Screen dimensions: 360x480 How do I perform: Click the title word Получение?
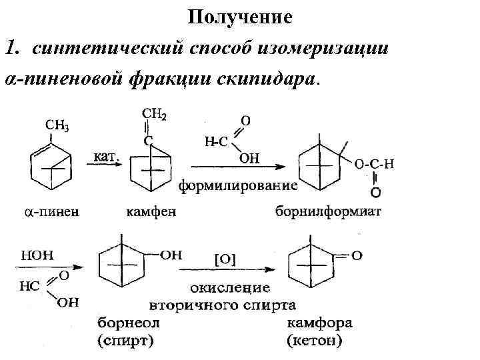point(240,16)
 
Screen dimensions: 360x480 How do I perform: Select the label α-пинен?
point(51,213)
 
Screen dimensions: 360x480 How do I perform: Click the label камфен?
point(151,213)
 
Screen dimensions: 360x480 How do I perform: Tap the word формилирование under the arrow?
point(237,185)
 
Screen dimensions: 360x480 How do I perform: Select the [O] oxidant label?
point(225,257)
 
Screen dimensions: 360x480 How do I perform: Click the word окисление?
point(230,288)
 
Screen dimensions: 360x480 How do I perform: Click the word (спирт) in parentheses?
point(126,343)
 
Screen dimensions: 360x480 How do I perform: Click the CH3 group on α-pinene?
point(57,125)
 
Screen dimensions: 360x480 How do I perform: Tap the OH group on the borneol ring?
point(170,254)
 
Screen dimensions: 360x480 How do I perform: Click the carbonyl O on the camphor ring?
point(357,254)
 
